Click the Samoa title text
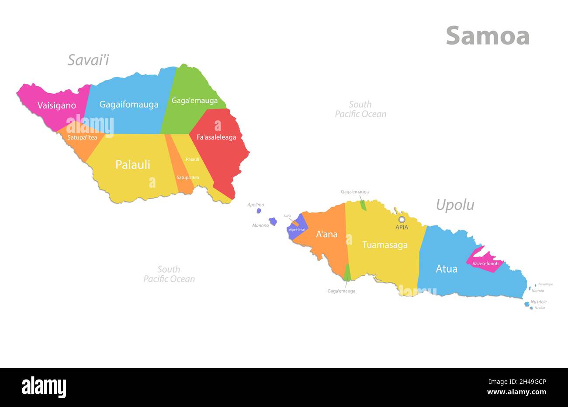click(488, 36)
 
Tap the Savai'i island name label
click(88, 60)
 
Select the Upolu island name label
click(455, 205)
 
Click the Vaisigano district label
click(57, 105)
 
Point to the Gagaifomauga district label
click(128, 105)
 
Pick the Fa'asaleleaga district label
click(216, 137)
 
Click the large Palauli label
click(132, 165)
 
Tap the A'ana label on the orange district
click(327, 234)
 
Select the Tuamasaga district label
click(385, 245)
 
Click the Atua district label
click(447, 269)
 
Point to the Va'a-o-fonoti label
click(485, 263)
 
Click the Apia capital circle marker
click(402, 219)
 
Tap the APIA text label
click(402, 227)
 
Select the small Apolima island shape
click(259, 211)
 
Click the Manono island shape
click(273, 221)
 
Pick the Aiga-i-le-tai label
click(297, 229)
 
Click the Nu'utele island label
click(538, 302)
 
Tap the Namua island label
click(537, 291)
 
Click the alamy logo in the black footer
click(44, 387)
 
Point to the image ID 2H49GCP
click(523, 382)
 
